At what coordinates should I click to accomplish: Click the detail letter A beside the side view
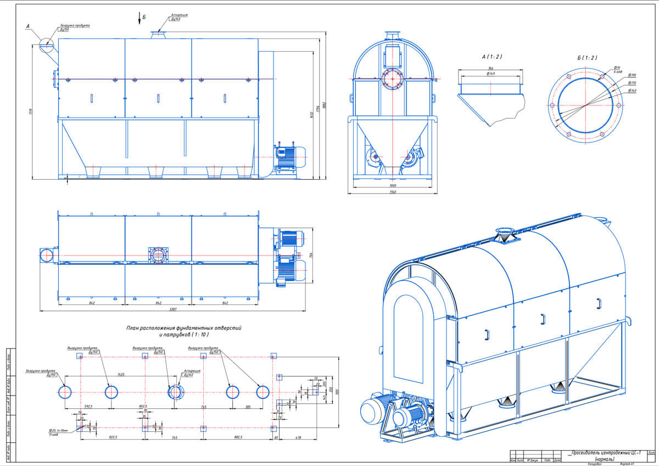click(27, 26)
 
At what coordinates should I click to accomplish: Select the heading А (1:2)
click(492, 57)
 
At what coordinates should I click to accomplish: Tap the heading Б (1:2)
click(587, 58)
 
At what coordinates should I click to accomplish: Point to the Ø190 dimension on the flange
click(632, 75)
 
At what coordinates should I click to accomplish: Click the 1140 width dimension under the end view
click(393, 192)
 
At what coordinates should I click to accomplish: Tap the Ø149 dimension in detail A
click(490, 74)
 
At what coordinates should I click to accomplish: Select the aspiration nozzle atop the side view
click(159, 34)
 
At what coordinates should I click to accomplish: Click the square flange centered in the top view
click(159, 255)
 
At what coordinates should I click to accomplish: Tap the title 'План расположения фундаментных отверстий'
click(184, 328)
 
